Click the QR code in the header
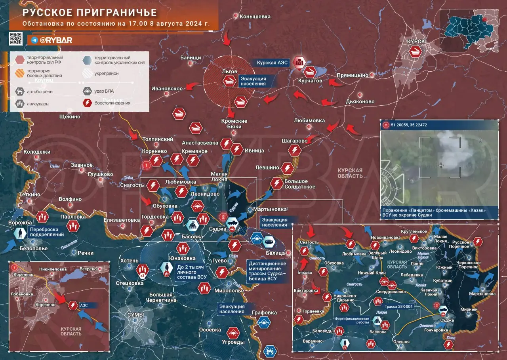pos(16,38)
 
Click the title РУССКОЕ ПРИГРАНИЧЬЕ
pos(90,13)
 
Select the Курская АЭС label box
pos(271,63)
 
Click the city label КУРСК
pos(416,41)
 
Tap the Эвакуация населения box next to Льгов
pos(253,81)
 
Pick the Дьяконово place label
pos(360,101)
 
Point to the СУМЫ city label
pos(135,314)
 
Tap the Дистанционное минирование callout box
pos(266,271)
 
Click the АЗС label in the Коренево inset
pos(84,306)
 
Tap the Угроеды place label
pos(233,342)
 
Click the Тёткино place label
pos(30,194)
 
